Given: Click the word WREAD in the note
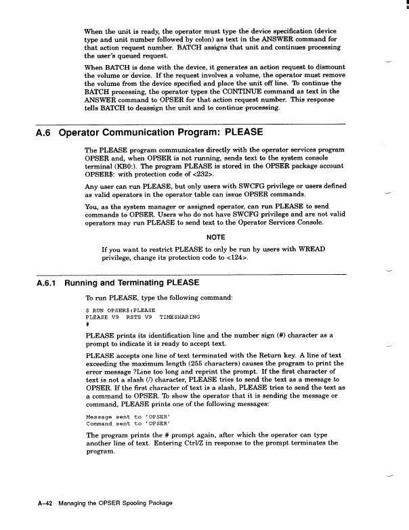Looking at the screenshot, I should click(x=309, y=250).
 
